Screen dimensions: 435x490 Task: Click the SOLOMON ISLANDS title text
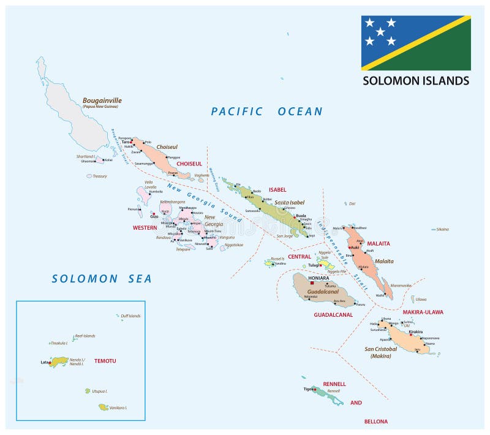coord(415,80)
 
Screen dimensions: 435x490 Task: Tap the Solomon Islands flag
coord(415,43)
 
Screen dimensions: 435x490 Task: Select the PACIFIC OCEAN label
coord(266,112)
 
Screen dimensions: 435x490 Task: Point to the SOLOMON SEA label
coord(102,279)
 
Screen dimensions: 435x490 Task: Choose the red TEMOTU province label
coord(105,361)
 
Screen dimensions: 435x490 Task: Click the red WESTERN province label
coord(145,228)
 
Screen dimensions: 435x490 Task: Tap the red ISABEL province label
coord(277,190)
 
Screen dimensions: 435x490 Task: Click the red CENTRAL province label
coord(301,257)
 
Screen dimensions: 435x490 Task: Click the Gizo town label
coord(154,216)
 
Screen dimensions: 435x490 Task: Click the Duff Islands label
coord(130,316)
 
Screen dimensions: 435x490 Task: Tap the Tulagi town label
coord(315,265)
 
